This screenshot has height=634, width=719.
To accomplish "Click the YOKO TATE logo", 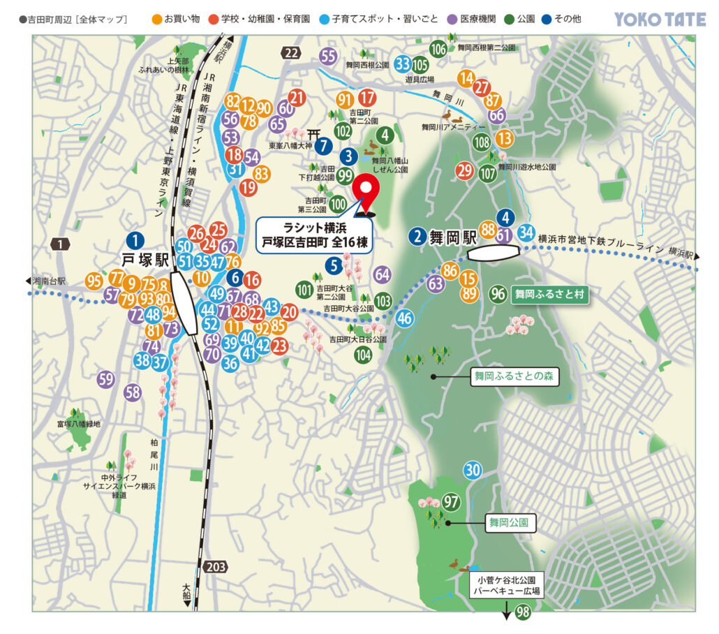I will pos(660,19).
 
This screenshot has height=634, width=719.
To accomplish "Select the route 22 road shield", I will pos(292,52).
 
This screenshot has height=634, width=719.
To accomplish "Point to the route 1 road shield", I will pos(61,244).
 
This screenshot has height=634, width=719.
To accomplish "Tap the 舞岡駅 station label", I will pos(441,236).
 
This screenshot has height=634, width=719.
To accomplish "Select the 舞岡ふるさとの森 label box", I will pos(513,376).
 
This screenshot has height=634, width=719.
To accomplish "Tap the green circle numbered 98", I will pos(523,612).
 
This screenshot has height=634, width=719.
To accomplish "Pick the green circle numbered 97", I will pos(452,501).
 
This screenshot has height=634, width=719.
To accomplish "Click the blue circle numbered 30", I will pos(473,470).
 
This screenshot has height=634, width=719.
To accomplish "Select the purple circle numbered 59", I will pos(105,379).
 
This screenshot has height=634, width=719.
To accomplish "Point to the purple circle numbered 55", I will pos(328,57).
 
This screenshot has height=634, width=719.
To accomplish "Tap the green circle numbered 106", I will pos(438,49).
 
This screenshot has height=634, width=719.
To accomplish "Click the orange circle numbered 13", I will pos(504,138).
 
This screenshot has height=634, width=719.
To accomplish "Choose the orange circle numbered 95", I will pos(94,281).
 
